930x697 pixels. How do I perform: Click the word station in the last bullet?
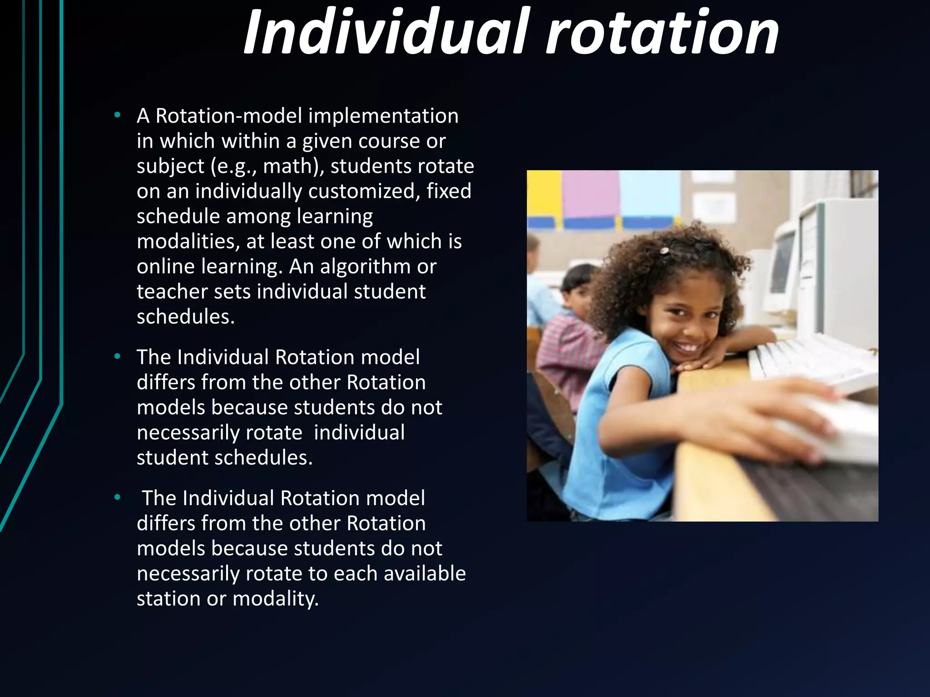[x=168, y=599]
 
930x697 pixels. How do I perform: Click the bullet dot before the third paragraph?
[x=118, y=498]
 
